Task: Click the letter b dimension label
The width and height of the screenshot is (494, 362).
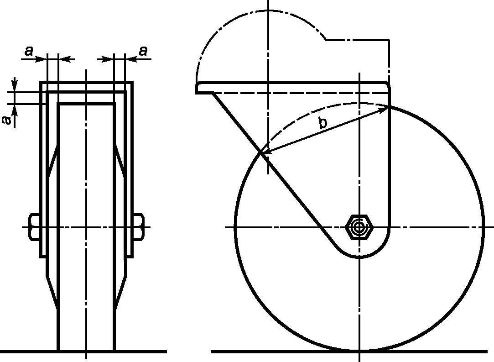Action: [322, 122]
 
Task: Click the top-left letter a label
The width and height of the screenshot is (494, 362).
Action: [29, 51]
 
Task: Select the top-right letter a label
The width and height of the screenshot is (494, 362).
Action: [143, 51]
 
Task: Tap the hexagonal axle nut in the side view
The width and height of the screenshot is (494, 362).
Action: [359, 227]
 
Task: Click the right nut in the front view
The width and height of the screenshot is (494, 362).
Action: [139, 227]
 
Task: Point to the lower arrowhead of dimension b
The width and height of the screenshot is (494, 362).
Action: [265, 152]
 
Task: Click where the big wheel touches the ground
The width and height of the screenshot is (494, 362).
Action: [359, 351]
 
